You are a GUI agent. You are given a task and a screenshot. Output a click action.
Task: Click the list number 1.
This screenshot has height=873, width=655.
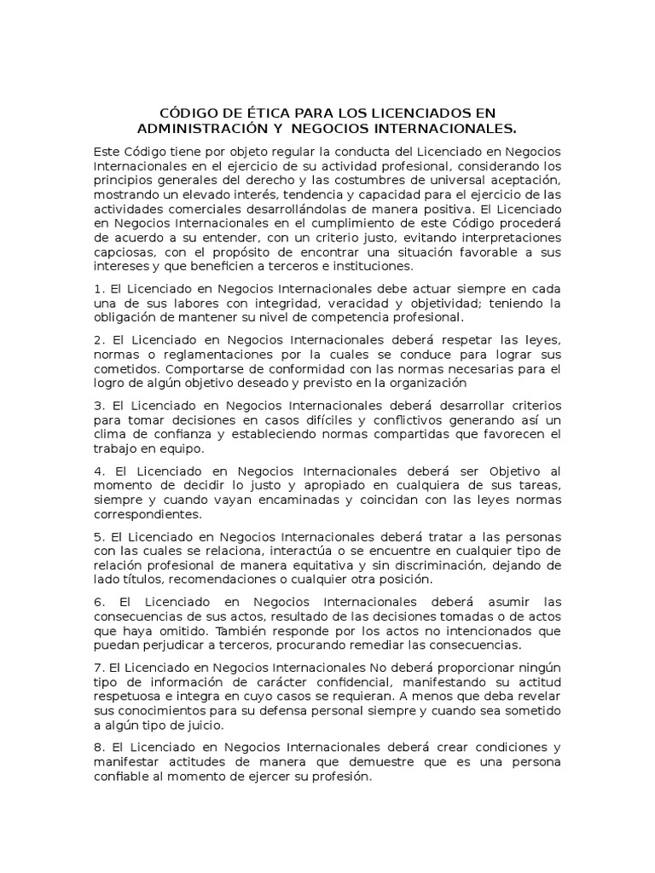click(x=97, y=288)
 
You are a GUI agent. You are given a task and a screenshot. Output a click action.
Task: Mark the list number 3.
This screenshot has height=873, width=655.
click(x=97, y=405)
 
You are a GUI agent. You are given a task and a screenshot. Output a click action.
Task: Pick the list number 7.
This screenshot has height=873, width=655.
click(x=97, y=668)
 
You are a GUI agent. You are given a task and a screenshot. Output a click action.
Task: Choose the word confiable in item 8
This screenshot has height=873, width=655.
click(x=121, y=777)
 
